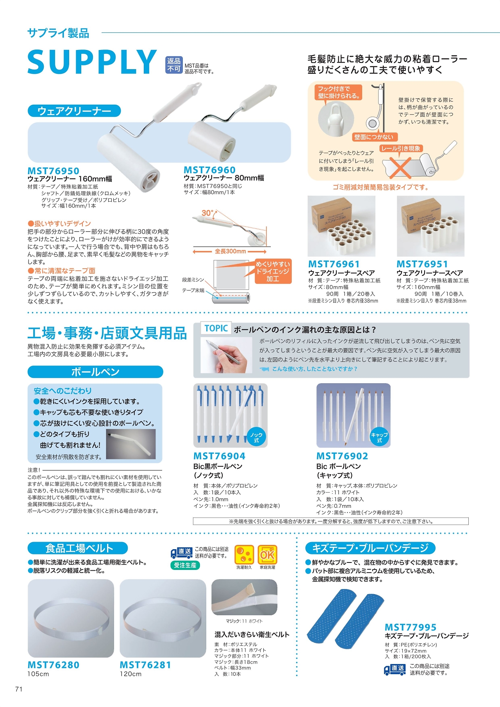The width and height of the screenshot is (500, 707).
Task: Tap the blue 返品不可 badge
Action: click(174, 65)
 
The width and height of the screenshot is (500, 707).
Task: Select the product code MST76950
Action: click(54, 171)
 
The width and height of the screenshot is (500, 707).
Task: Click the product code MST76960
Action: click(210, 170)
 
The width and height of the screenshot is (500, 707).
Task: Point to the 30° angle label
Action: click(208, 213)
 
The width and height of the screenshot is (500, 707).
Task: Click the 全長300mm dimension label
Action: click(230, 251)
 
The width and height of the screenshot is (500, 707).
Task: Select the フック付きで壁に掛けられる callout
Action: click(339, 92)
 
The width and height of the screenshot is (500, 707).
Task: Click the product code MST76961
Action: click(334, 264)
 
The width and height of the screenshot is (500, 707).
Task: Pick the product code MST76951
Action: click(422, 264)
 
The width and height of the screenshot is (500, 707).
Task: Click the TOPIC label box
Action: click(216, 328)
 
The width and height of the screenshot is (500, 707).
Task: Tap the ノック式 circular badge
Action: click(256, 437)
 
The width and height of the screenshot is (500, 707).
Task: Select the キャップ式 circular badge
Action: click(379, 437)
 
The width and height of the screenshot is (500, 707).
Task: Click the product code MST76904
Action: click(220, 456)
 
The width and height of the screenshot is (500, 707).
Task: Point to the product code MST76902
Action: click(342, 456)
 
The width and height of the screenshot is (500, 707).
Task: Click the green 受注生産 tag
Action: click(185, 565)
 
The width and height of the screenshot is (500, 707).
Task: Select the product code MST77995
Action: click(411, 627)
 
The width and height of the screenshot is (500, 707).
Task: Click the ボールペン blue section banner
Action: click(95, 372)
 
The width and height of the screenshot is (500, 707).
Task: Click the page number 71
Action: click(19, 689)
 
